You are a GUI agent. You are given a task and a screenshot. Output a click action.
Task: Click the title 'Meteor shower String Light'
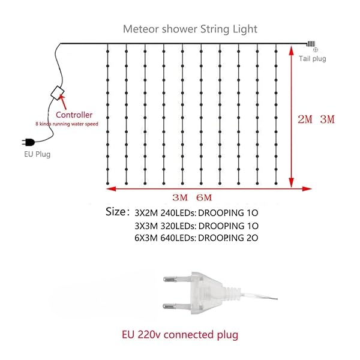click(x=190, y=29)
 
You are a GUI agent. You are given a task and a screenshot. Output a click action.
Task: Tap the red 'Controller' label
click(x=74, y=115)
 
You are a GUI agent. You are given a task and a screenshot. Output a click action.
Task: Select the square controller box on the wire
click(x=58, y=93)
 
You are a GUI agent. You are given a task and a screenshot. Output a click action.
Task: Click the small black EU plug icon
click(x=28, y=142)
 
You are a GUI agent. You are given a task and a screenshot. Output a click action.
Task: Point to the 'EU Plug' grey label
click(x=37, y=154)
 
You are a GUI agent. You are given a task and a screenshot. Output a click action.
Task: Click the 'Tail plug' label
click(x=312, y=59)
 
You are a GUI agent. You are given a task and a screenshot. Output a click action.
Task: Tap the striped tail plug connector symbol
click(x=311, y=44)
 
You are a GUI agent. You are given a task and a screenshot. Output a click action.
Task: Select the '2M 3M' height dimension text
click(x=316, y=119)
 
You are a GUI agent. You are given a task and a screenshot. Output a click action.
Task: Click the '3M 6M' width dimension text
click(x=192, y=197)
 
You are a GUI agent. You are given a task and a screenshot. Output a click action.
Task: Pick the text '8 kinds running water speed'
click(x=67, y=124)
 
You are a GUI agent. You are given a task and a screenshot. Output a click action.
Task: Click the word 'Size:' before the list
click(x=116, y=211)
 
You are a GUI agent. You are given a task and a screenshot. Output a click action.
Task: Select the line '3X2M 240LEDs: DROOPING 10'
click(x=196, y=213)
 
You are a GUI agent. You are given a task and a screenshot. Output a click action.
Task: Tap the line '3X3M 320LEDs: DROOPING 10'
click(x=197, y=226)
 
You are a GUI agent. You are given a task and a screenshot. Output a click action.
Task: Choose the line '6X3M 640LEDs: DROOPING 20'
click(x=196, y=238)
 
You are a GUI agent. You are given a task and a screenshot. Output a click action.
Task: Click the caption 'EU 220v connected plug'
click(x=180, y=335)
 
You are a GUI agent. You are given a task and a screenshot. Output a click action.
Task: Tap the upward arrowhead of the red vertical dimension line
click(x=292, y=51)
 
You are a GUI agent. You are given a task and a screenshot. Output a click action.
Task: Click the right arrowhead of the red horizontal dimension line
click(x=307, y=189)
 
